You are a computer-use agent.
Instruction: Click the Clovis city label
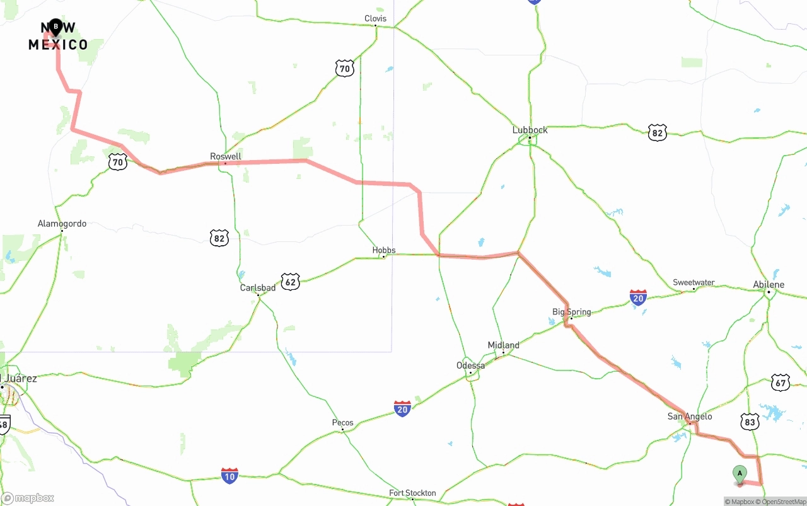pos(375,19)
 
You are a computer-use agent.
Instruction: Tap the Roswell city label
pos(226,156)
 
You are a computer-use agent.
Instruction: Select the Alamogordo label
pos(62,224)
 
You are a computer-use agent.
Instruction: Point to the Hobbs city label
pos(383,250)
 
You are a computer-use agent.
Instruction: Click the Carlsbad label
pos(257,288)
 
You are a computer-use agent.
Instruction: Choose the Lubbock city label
pos(530,130)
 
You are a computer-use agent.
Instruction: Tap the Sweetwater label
pos(694,282)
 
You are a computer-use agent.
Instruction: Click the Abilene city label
pos(769,285)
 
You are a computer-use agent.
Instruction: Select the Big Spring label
pos(571,312)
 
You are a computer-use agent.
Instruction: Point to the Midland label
pos(503,345)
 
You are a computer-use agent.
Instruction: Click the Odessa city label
pos(470,365)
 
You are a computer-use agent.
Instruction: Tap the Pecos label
pos(342,423)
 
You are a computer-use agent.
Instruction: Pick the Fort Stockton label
pos(412,493)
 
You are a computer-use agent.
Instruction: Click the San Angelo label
pos(690,417)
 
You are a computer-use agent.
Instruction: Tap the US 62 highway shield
pos(290,281)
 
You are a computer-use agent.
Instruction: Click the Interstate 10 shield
pos(229,476)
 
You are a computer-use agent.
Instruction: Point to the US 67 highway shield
pos(781,382)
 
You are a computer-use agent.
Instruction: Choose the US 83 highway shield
pos(750,422)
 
